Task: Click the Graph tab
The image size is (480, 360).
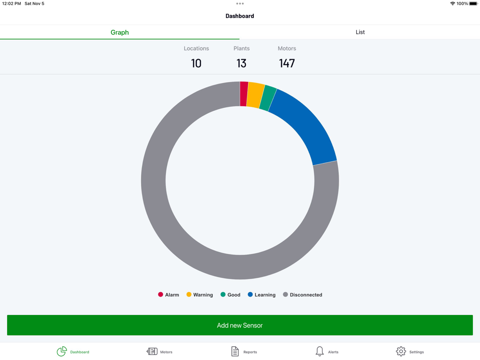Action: coord(120,32)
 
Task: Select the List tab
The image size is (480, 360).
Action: coord(360,32)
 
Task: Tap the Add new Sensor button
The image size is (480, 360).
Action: coord(240,325)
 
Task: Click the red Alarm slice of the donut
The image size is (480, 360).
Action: coord(244,94)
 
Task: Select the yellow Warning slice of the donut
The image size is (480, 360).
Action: coord(255,96)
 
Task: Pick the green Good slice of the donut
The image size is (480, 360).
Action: coord(268,98)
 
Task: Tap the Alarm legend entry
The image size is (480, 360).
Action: coord(168,295)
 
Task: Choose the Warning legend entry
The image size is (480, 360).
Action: coord(200,295)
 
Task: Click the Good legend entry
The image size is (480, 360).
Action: coord(230,295)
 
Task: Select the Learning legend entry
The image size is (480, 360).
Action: coord(262,295)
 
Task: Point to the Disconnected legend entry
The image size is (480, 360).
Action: coord(302,295)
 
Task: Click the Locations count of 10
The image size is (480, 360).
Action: coord(196,63)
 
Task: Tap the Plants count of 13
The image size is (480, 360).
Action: coord(241,63)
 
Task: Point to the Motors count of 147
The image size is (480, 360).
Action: coord(287,63)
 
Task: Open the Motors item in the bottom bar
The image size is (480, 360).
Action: coord(159,351)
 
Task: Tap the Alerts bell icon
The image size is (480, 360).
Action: coord(320,351)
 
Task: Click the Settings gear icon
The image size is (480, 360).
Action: coord(401,351)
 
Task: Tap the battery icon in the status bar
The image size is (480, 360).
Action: coord(473,4)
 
